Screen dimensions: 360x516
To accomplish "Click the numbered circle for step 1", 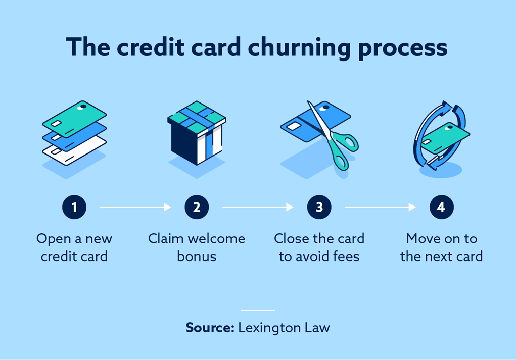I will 74,207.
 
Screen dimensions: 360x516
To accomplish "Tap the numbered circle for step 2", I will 197,207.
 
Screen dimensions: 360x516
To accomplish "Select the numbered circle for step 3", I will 319,207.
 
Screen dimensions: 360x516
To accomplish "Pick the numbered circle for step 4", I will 441,207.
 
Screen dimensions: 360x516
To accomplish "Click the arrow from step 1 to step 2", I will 135,207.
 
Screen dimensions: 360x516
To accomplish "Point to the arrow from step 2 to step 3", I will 258,207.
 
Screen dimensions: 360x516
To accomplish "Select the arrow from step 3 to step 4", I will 380,207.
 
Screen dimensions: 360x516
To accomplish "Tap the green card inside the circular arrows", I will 445,135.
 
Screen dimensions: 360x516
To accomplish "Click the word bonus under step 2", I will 197,256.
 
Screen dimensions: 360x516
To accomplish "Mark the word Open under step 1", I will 52,239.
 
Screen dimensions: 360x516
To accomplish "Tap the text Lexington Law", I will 284,327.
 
